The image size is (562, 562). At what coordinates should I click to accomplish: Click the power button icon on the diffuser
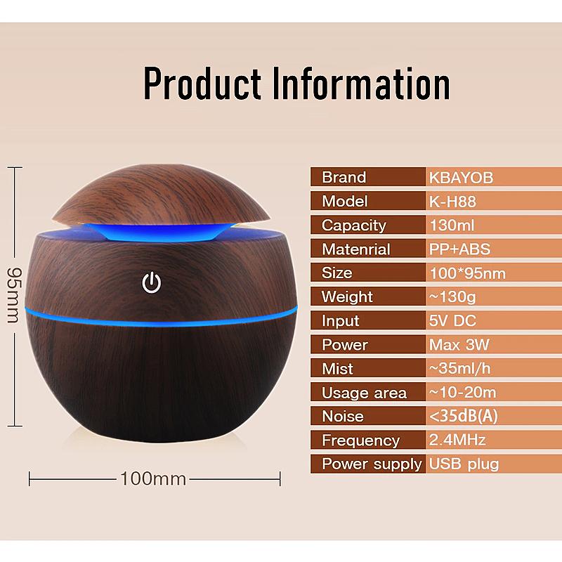(x=152, y=283)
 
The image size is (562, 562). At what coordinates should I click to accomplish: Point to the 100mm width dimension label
(x=154, y=479)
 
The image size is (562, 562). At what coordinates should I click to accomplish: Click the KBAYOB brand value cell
(x=461, y=178)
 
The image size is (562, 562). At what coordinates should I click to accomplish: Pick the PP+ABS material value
(x=459, y=249)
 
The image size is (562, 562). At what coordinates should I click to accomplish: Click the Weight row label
(x=347, y=297)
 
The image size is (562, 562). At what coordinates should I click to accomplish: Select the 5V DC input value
(x=452, y=321)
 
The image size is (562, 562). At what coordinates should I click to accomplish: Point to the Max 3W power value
(x=459, y=345)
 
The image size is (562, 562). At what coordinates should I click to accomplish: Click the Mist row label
(x=337, y=369)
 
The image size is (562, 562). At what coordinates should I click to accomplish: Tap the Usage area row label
(x=364, y=393)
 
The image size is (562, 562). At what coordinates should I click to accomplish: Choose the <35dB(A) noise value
(x=463, y=416)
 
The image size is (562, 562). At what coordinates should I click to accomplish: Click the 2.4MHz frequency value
(x=457, y=440)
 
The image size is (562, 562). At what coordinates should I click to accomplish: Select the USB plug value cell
(x=464, y=464)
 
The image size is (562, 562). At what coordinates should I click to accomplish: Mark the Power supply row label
(x=372, y=464)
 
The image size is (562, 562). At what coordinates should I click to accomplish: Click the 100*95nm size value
(x=467, y=273)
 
